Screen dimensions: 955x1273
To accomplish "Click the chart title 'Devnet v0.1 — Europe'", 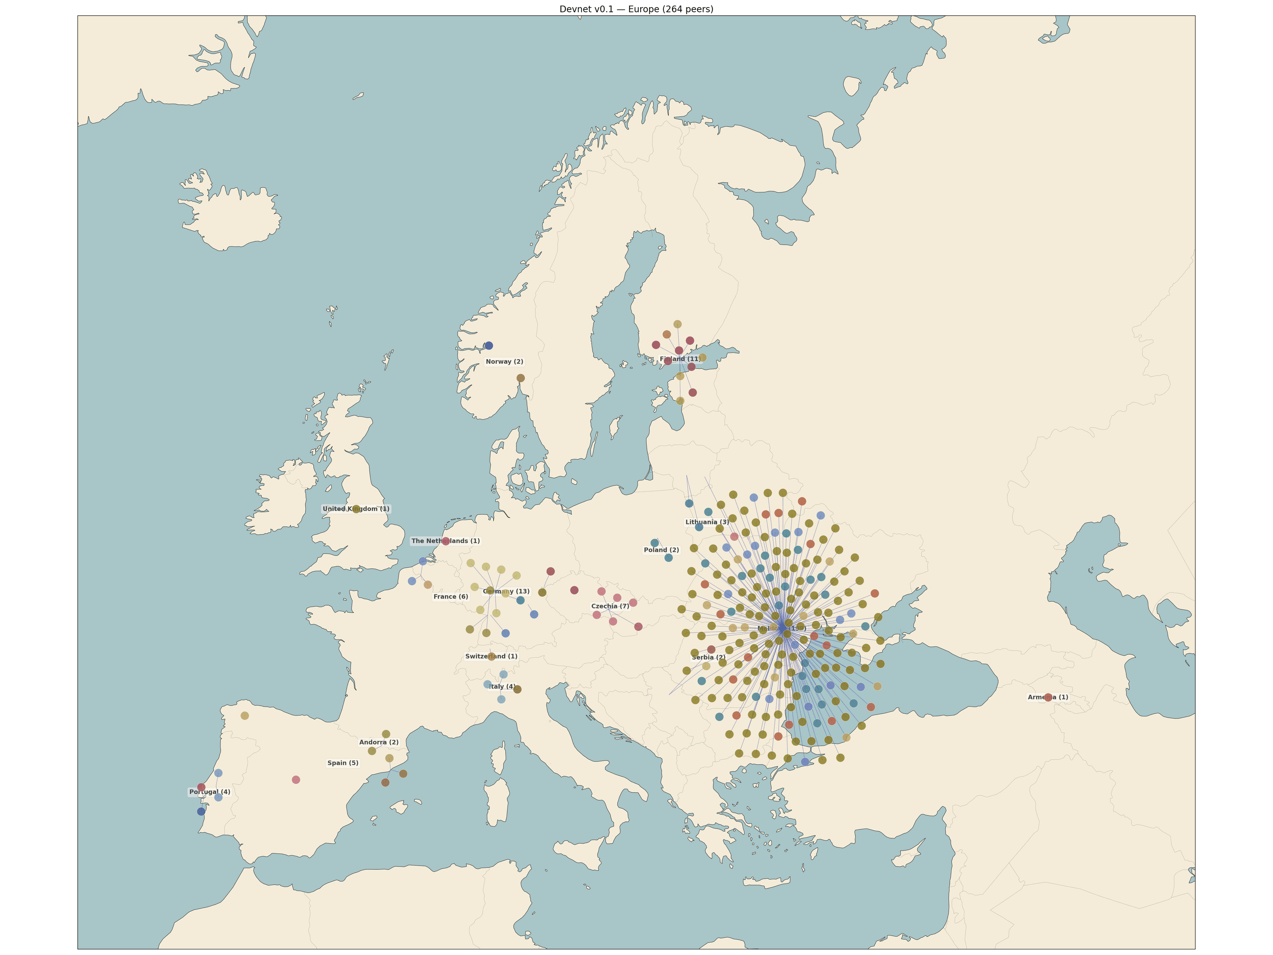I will tap(636, 9).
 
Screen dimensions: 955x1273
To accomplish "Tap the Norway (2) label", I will tap(504, 361).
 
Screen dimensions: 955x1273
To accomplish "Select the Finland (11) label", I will tap(680, 359).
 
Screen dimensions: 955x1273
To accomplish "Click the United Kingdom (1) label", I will tap(356, 509).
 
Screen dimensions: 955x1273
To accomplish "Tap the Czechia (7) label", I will tap(610, 606).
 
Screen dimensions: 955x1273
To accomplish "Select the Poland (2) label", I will tap(661, 550).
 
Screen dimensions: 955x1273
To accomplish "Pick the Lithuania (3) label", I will tap(707, 522).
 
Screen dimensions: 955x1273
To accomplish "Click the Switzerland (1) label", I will tap(491, 656).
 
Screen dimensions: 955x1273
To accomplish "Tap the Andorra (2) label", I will tap(379, 742).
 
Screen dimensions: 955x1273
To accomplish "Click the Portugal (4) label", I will tap(210, 792).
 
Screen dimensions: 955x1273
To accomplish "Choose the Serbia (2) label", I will tap(708, 657).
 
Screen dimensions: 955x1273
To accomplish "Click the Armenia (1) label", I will tap(1047, 697).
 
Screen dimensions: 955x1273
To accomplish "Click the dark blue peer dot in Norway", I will tap(489, 346).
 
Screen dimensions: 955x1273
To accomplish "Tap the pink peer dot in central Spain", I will tap(296, 780).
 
